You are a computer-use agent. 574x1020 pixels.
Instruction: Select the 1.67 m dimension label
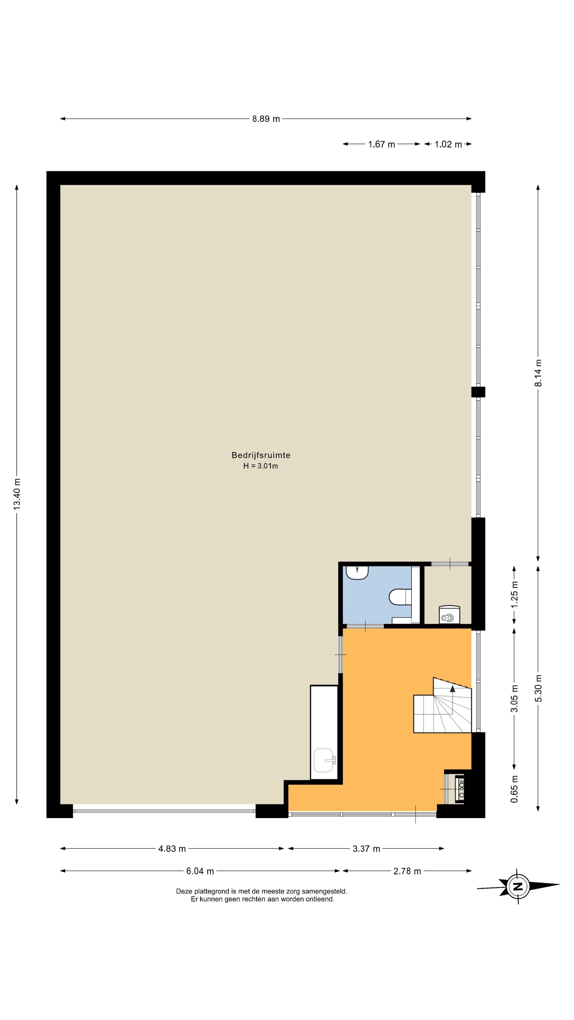(382, 144)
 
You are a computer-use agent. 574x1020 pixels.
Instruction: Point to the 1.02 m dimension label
(448, 144)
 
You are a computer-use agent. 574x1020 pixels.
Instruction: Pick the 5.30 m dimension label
(538, 688)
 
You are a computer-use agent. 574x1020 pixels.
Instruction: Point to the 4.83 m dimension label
(172, 849)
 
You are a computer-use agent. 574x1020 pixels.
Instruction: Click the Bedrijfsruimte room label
(261, 455)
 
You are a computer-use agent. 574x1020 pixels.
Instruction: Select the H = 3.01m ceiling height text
(261, 466)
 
